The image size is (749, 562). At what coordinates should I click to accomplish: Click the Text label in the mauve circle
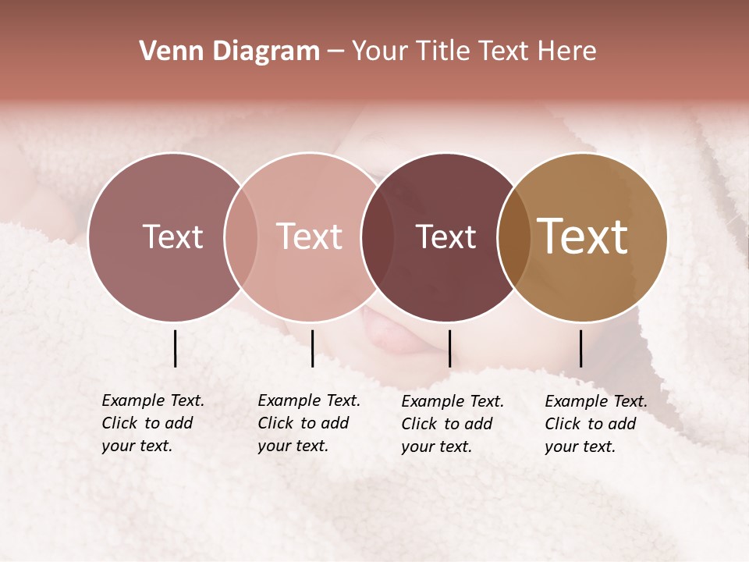point(172,237)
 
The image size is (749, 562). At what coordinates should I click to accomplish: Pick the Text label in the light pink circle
point(309,237)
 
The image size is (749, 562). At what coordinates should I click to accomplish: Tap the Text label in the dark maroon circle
point(445,237)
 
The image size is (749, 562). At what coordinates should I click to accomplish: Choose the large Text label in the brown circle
point(583,237)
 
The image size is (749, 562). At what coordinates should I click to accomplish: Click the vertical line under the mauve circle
point(175,348)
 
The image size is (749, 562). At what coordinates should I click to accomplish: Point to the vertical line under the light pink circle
point(312,348)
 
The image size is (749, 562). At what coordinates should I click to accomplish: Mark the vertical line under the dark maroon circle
point(449,348)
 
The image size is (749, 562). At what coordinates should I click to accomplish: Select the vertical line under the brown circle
point(580,348)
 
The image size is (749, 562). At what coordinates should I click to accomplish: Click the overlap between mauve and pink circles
point(241,237)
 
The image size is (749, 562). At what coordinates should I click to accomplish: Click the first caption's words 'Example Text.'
point(153,400)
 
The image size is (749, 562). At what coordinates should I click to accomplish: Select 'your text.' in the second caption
point(293,446)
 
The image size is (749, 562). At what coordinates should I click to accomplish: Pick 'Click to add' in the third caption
point(446,424)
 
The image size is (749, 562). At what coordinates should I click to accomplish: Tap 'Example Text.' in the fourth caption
point(596,401)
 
